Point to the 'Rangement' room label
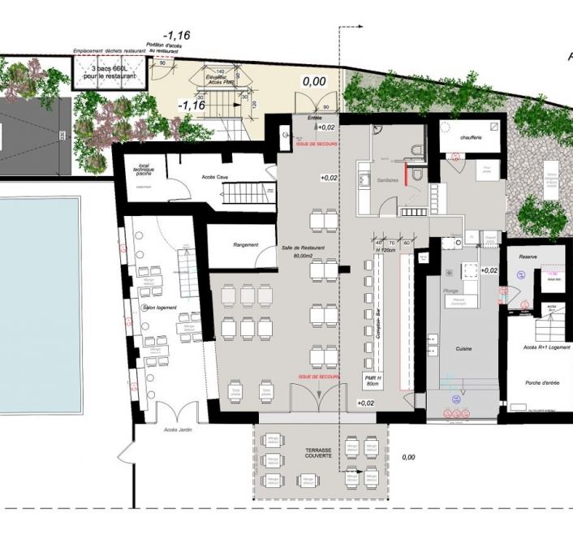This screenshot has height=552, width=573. pos(245,244)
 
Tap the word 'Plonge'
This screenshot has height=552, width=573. pos(451,289)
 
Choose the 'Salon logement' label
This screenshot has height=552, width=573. pos(160,308)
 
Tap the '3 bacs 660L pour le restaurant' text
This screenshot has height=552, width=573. pos(110,71)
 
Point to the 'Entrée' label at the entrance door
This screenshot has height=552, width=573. pos(315,118)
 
